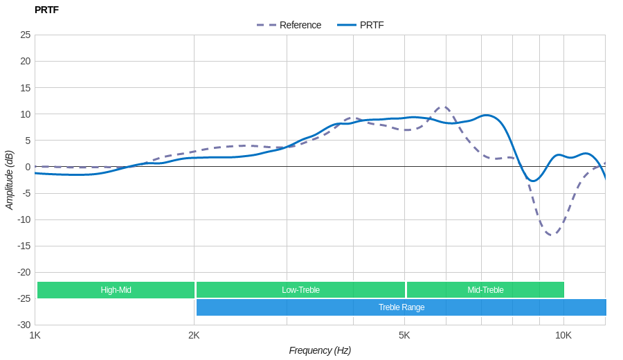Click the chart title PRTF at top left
[46, 10]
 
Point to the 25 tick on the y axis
[26, 35]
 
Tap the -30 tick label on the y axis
[24, 325]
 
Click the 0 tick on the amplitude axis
[28, 167]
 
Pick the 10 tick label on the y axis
[26, 114]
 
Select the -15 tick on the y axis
[24, 246]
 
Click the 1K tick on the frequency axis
[35, 336]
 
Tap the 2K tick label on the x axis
[194, 336]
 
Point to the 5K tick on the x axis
[404, 336]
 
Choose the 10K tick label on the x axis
[563, 336]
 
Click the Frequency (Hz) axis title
[320, 350]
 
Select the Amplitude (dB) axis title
[9, 180]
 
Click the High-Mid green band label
[116, 290]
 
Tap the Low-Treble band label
[300, 290]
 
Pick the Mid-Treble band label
[485, 290]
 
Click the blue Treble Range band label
[401, 307]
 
